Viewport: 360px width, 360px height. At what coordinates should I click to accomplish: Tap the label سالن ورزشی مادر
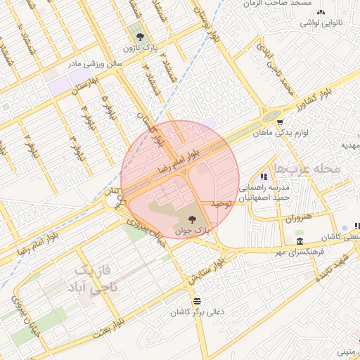95,64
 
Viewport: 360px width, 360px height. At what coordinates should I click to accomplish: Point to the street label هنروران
297,219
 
